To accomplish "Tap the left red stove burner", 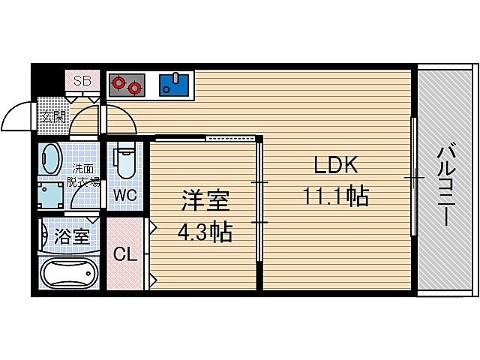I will pos(118,83).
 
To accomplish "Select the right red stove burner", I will pos(135,88).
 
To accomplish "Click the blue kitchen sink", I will pos(176,84).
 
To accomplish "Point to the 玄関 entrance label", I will pos(52,116).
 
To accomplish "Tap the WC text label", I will pos(124,195).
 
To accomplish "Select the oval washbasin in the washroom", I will pos(51,159).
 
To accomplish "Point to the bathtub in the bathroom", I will pos(69,273).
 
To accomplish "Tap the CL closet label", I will pos(124,254).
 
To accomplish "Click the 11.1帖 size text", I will pos(334,196).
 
